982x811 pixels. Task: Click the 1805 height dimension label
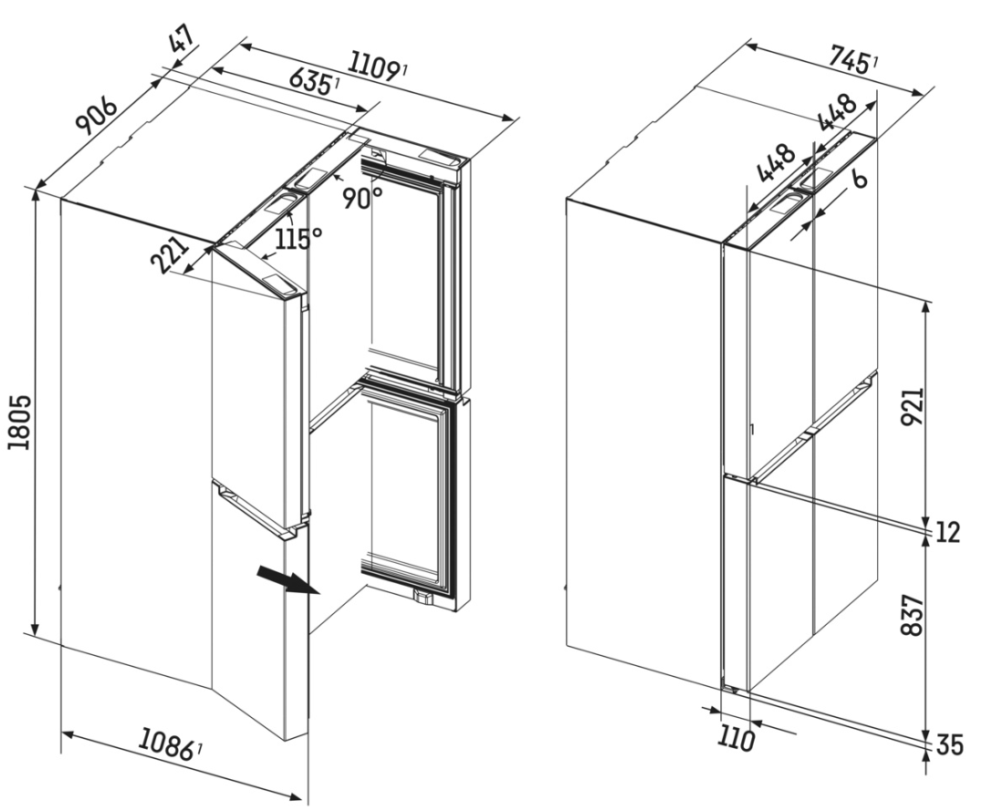click(20, 422)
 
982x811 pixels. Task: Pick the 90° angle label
click(362, 198)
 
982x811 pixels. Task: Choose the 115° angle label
click(298, 238)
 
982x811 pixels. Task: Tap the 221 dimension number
click(171, 255)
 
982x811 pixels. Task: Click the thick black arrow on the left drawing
click(288, 580)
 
